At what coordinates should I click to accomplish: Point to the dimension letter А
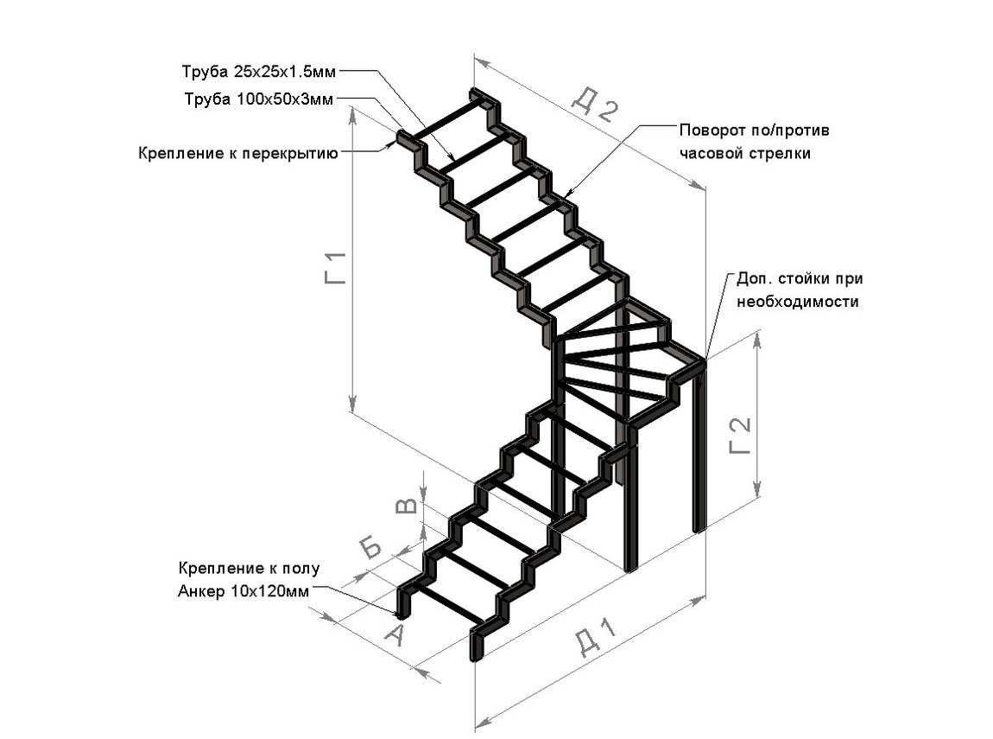pos(393,637)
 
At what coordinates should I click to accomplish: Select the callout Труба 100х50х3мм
pos(258,99)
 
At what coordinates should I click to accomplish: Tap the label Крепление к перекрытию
pos(238,153)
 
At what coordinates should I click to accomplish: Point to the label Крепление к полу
pos(250,569)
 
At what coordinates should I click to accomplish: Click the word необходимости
pos(797,302)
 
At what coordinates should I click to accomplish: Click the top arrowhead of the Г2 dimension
pos(759,339)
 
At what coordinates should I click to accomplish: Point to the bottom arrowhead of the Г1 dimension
pos(352,404)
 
